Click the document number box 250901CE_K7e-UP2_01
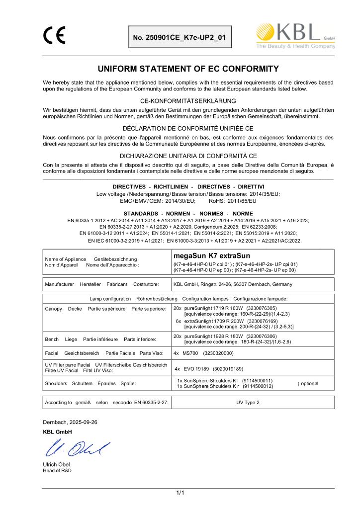[x=180, y=37]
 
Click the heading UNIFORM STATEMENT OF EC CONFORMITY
[x=188, y=69]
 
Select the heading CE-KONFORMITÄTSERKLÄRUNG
[x=188, y=101]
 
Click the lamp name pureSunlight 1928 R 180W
[x=212, y=336]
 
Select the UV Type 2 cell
[x=251, y=402]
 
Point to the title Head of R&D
[x=57, y=470]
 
